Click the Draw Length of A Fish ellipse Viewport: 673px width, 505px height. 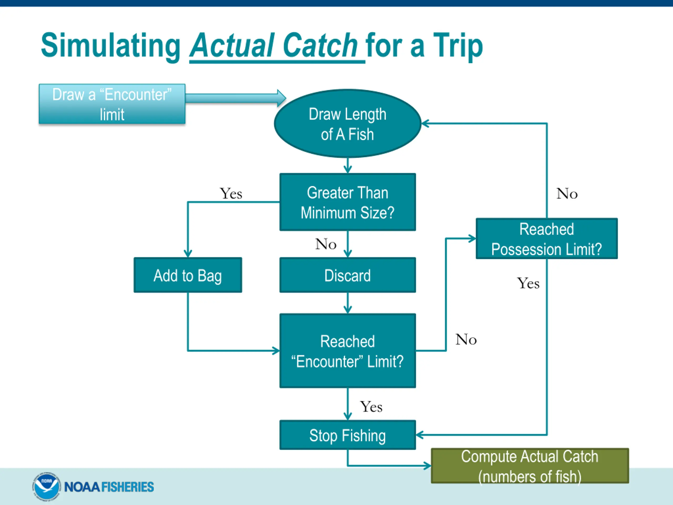click(348, 124)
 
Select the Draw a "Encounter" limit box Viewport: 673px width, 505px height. click(112, 104)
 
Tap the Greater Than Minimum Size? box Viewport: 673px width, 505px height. click(348, 202)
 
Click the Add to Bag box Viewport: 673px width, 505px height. click(188, 275)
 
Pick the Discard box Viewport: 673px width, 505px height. click(348, 275)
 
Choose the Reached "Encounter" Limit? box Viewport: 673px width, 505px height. click(348, 351)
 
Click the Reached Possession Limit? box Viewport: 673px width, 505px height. click(547, 239)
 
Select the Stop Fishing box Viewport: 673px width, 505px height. click(348, 435)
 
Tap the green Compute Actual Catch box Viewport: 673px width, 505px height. click(530, 466)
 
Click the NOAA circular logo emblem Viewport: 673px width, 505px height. click(46, 486)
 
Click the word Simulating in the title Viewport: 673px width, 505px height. click(111, 46)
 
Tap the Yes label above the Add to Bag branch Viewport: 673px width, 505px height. click(231, 194)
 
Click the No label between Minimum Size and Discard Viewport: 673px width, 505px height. click(326, 244)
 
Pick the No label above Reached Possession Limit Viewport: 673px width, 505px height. click(567, 194)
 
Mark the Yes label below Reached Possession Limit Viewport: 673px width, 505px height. click(528, 283)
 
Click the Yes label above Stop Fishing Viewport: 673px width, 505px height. click(371, 407)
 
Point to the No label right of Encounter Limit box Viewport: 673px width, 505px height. click(466, 339)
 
